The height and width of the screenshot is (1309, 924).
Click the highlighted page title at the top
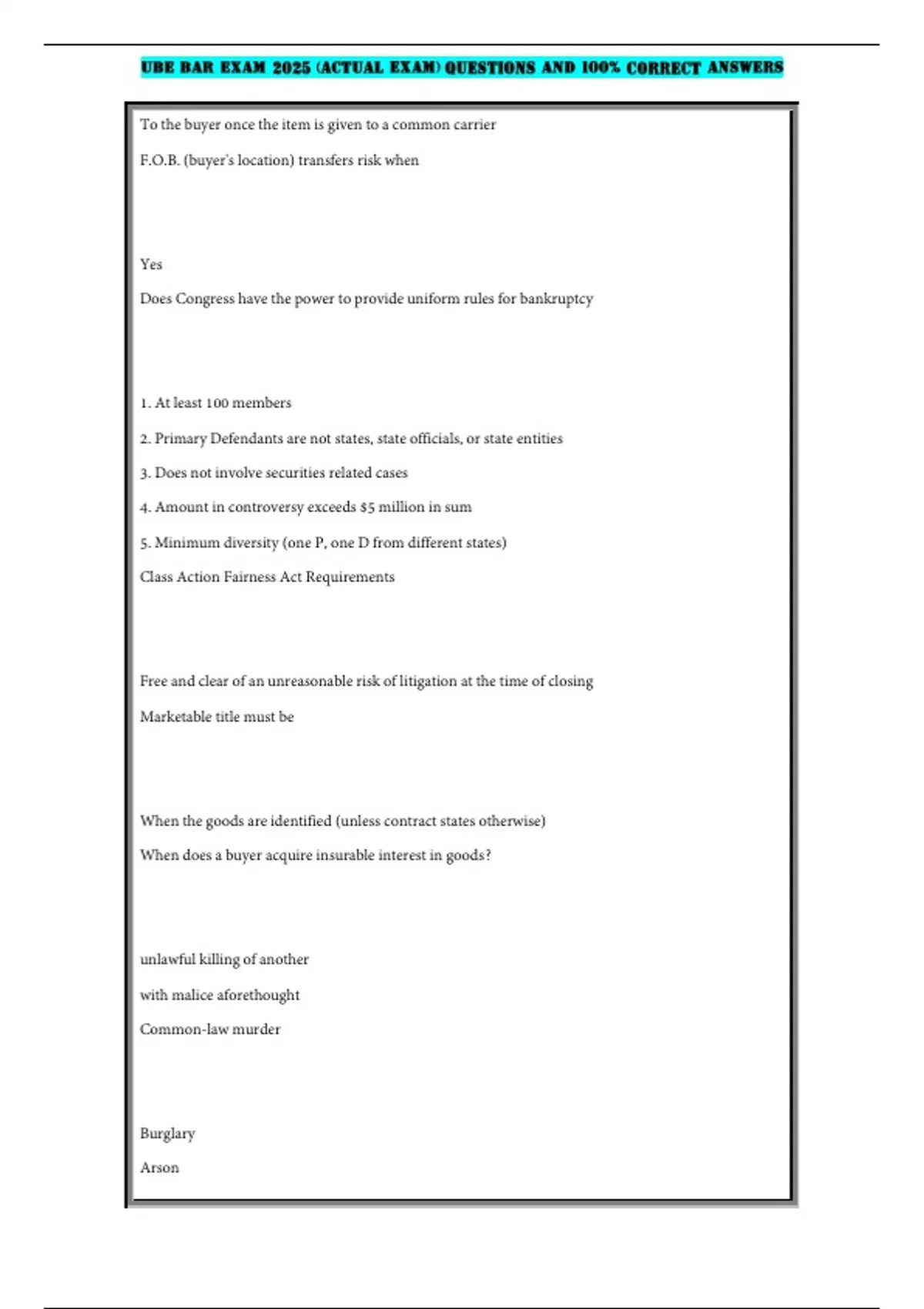click(461, 68)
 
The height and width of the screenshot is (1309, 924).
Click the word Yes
click(151, 264)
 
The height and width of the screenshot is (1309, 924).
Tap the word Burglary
click(167, 1133)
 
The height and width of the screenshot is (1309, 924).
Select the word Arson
click(159, 1168)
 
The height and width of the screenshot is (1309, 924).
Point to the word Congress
click(205, 299)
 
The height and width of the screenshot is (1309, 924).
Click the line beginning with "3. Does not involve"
click(273, 473)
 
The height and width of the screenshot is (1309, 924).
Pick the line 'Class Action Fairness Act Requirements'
click(267, 577)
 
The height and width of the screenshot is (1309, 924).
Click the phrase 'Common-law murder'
click(210, 1029)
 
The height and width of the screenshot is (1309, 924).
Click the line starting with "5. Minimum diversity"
click(323, 543)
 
